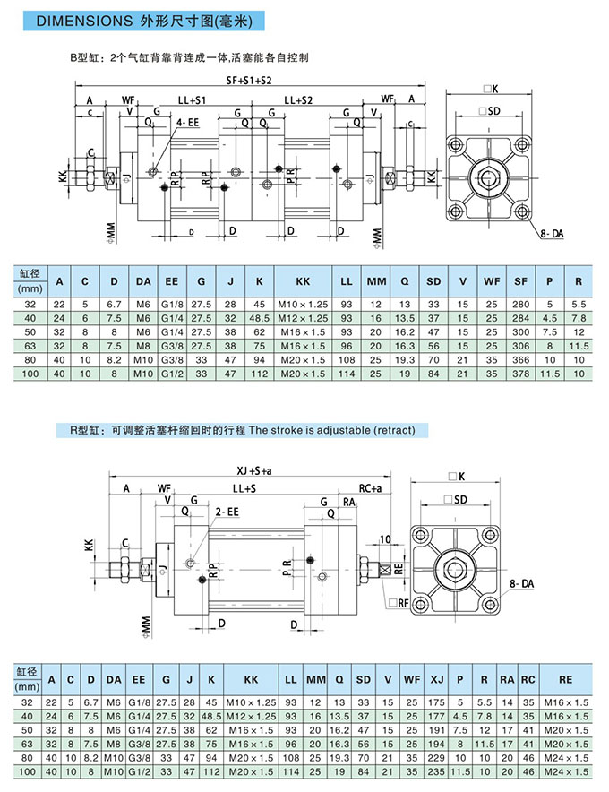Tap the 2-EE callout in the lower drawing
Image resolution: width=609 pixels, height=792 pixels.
(x=227, y=512)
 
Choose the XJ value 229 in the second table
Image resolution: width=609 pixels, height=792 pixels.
(x=437, y=757)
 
